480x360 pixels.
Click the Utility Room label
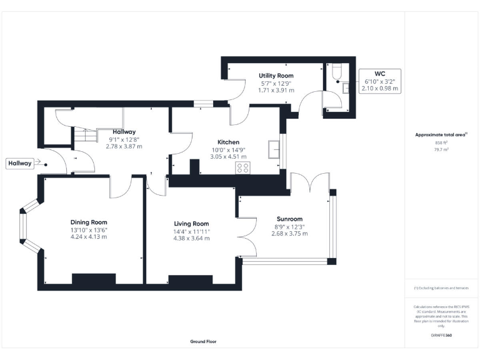[276, 76]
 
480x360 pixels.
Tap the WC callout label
[380, 73]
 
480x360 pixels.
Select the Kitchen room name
[228, 142]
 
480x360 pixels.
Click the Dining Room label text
[88, 222]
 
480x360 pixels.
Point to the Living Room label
[191, 223]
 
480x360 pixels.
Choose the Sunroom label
[289, 219]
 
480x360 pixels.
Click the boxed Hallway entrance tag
[19, 163]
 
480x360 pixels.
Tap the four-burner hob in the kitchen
[242, 167]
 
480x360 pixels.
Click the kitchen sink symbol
[273, 149]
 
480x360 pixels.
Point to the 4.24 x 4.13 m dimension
[88, 237]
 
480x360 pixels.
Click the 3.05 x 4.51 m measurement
[228, 157]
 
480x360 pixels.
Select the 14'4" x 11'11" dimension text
[191, 231]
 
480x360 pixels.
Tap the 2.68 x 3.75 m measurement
[289, 234]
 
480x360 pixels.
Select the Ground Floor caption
[204, 342]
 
